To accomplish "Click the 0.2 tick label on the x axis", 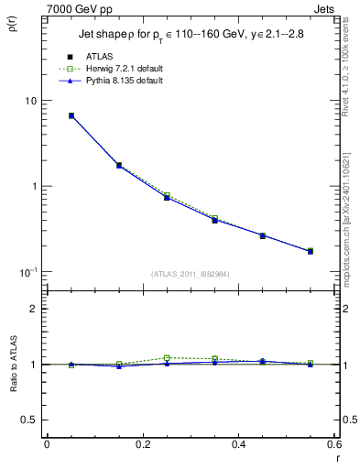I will [142, 445].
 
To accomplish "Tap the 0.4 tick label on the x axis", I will [238, 445].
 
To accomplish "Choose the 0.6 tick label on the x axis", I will [334, 445].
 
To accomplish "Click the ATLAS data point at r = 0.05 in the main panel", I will [71, 115].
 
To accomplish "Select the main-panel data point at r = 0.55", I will [311, 250].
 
